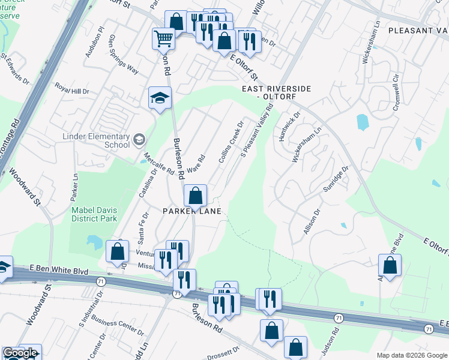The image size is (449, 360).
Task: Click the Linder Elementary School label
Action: (96, 140)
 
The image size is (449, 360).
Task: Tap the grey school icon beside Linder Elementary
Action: (139, 140)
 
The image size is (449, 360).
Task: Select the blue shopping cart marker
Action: (163, 40)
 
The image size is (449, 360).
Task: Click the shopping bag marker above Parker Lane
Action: (195, 196)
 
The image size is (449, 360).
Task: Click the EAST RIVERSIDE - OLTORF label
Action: (276, 92)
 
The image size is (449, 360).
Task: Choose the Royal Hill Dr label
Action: (72, 88)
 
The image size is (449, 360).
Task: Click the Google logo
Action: (20, 353)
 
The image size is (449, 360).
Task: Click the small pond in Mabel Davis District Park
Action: (94, 242)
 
